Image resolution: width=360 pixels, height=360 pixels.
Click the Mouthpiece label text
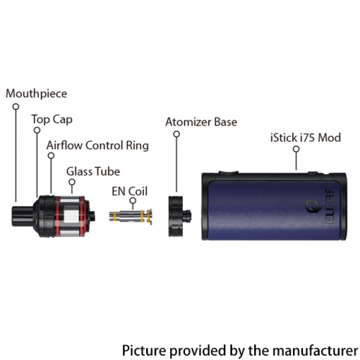coord(37,94)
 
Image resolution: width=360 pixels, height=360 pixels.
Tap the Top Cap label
coord(52,120)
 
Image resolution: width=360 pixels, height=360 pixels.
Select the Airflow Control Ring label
coord(98,145)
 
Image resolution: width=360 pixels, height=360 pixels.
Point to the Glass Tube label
coord(93,171)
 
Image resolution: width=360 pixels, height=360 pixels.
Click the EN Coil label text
coord(130,192)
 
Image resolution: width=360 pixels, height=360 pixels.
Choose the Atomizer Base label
coord(201,122)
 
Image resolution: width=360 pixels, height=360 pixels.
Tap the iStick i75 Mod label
coord(305,138)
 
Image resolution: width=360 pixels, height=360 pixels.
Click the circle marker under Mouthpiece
coord(16,107)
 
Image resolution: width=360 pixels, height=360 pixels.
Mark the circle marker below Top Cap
coord(37,130)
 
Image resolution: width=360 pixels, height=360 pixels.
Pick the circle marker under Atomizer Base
coord(176,134)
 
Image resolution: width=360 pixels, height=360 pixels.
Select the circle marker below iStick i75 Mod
coord(297,149)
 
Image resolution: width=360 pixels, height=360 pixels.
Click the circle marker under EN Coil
coord(132,201)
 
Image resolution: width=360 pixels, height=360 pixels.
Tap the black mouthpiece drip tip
coord(23,216)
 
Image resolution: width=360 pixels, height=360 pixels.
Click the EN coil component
coord(131,217)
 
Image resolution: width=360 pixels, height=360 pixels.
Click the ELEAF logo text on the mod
coord(330,206)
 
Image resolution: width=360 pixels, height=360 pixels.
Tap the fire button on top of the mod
coord(228,172)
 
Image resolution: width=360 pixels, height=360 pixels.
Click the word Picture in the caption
coord(144,350)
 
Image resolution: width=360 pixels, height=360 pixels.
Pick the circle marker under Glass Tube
coord(72,182)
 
